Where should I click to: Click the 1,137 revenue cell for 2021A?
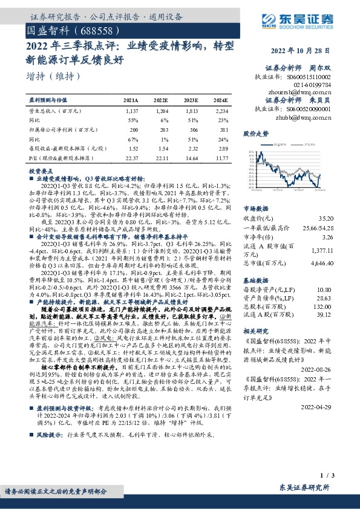pos(130,111)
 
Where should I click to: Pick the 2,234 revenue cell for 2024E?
pos(221,111)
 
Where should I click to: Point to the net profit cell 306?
pos(192,129)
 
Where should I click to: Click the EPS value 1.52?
pos(133,148)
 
